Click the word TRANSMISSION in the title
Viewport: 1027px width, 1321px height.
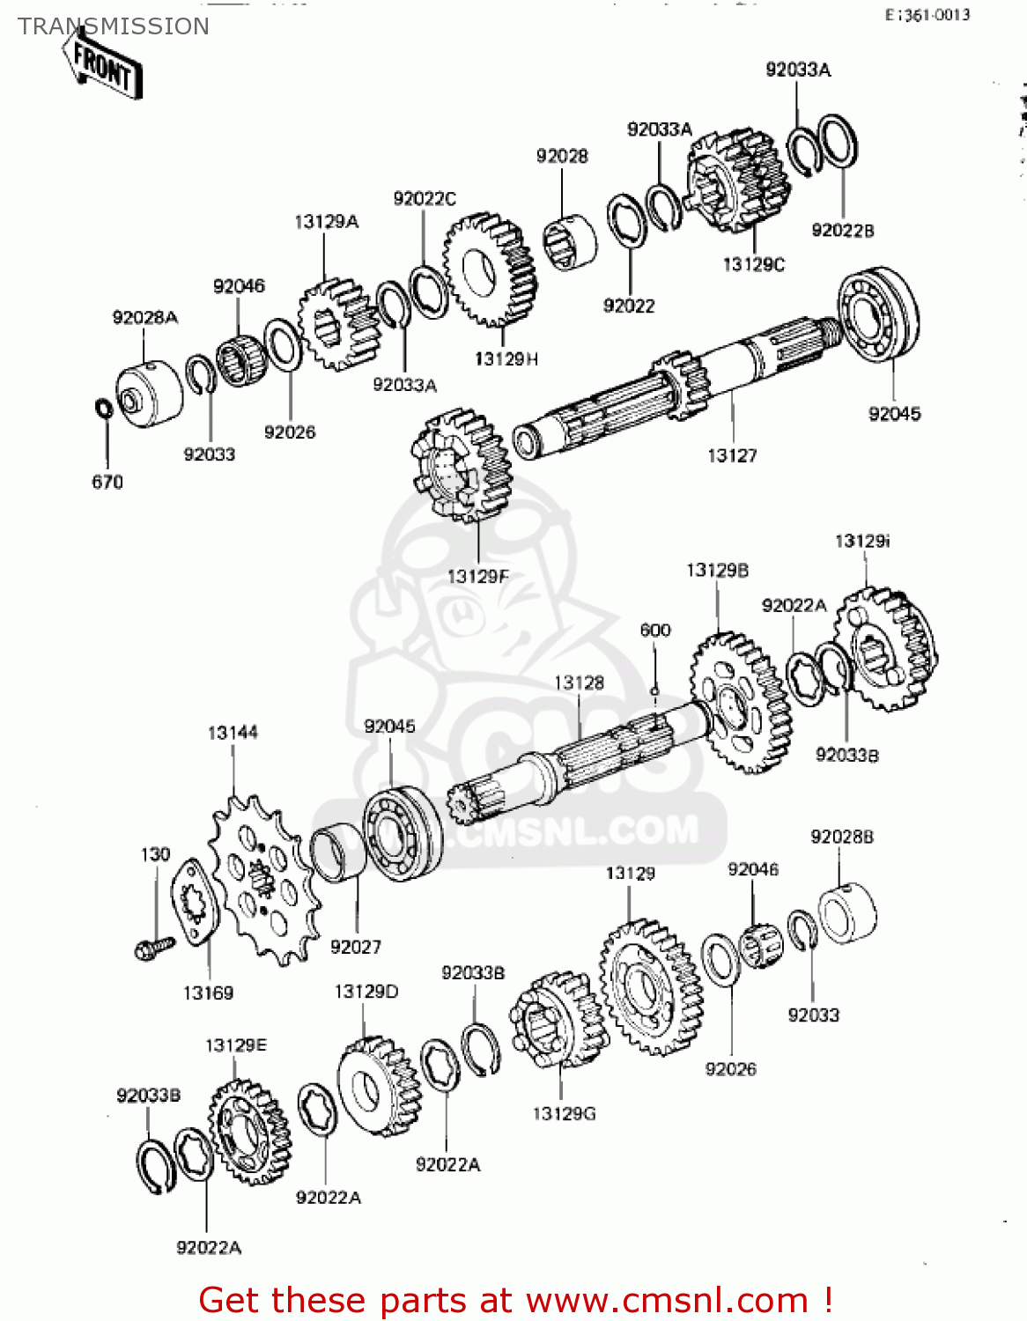[114, 26]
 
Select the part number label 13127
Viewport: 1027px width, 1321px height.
[732, 455]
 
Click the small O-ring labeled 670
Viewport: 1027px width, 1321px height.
[103, 410]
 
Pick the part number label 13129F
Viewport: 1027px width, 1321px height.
[478, 577]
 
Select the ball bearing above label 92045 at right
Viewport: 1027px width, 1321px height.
[877, 314]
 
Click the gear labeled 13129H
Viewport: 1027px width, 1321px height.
[490, 269]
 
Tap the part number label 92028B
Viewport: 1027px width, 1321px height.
[842, 837]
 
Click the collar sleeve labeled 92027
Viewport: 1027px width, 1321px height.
[337, 851]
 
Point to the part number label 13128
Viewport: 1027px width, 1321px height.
[579, 683]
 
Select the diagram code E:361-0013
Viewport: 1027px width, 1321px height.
[927, 14]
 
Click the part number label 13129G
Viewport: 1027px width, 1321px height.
[564, 1114]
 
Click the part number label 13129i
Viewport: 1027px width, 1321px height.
[862, 541]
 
